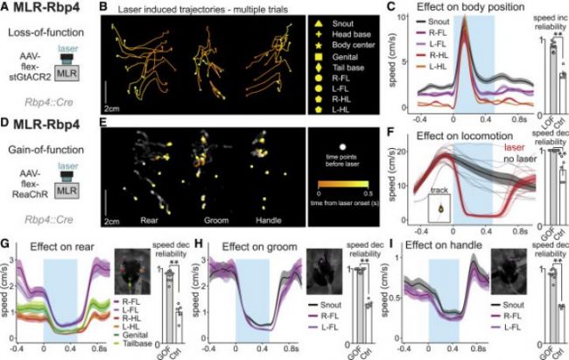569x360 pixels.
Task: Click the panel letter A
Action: click(x=5, y=9)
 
